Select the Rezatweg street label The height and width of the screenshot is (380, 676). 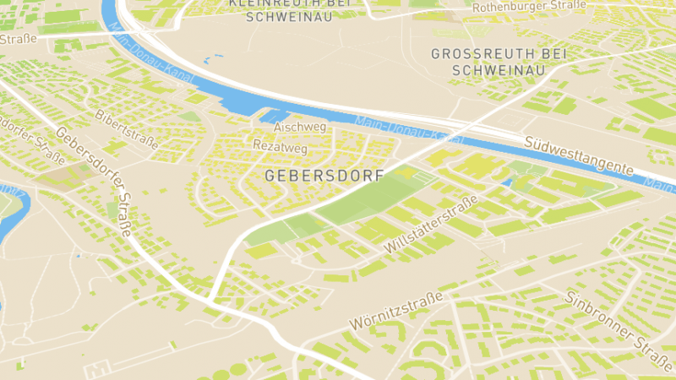[280, 145]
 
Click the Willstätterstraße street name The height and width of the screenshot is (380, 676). [431, 224]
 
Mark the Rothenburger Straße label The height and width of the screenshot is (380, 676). [529, 6]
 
